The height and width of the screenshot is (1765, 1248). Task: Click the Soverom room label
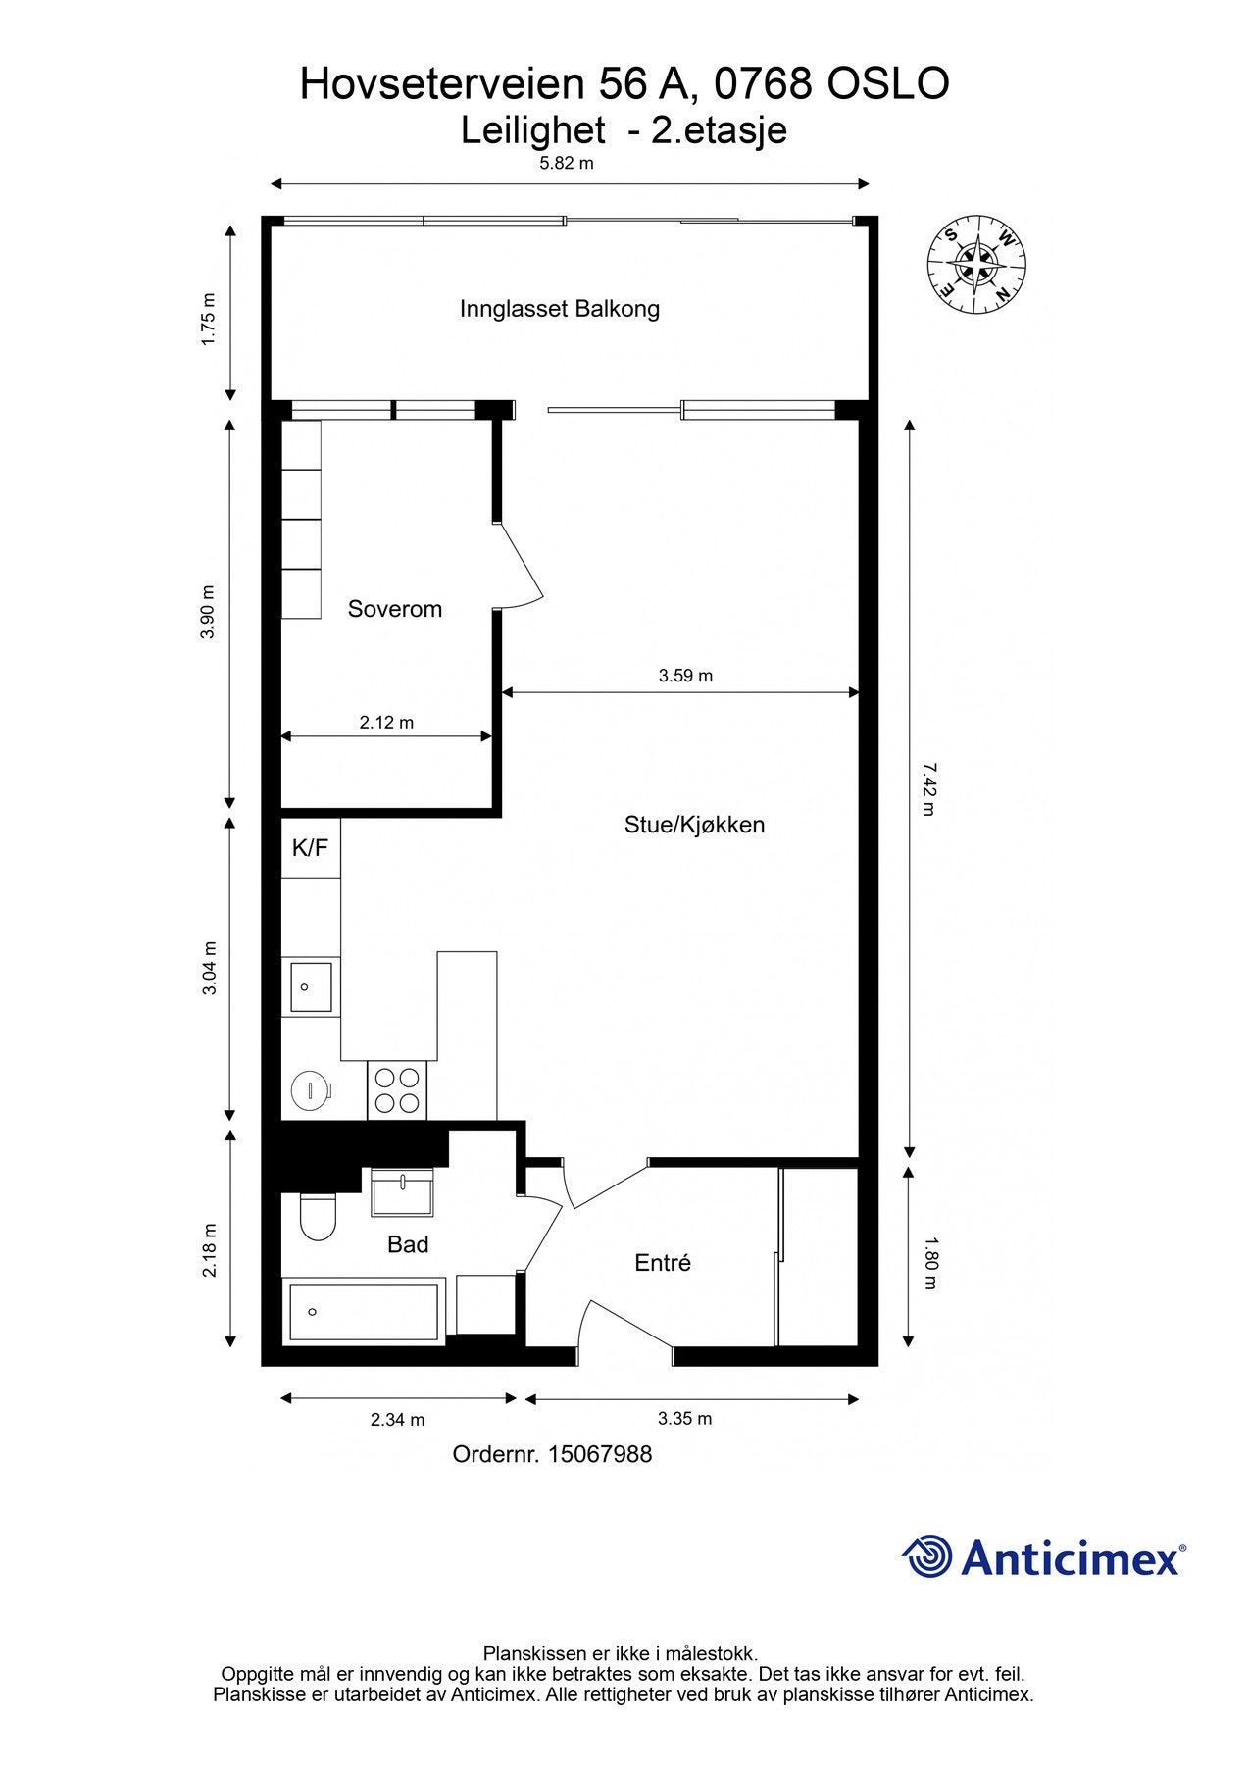395,609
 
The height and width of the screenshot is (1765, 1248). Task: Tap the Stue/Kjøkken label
694,825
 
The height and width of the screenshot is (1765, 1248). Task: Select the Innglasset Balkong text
560,309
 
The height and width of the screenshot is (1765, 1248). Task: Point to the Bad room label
408,1244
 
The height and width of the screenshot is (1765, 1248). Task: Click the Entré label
663,1263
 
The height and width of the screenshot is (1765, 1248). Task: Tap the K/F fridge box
311,847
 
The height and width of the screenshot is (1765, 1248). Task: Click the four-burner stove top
397,1090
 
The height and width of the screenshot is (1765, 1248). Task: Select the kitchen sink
310,987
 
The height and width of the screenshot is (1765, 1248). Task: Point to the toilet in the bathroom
318,1217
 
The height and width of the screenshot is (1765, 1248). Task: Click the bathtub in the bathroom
363,1311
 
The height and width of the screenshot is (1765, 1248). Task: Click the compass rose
976,265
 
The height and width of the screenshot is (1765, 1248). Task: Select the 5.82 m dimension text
567,164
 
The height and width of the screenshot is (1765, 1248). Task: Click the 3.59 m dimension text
685,676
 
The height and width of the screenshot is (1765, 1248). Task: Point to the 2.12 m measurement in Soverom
386,723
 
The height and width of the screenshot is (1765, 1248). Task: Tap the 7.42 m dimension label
927,788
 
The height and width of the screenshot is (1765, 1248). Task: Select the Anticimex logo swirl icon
927,1556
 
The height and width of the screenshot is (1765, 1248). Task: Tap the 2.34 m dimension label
398,1419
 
